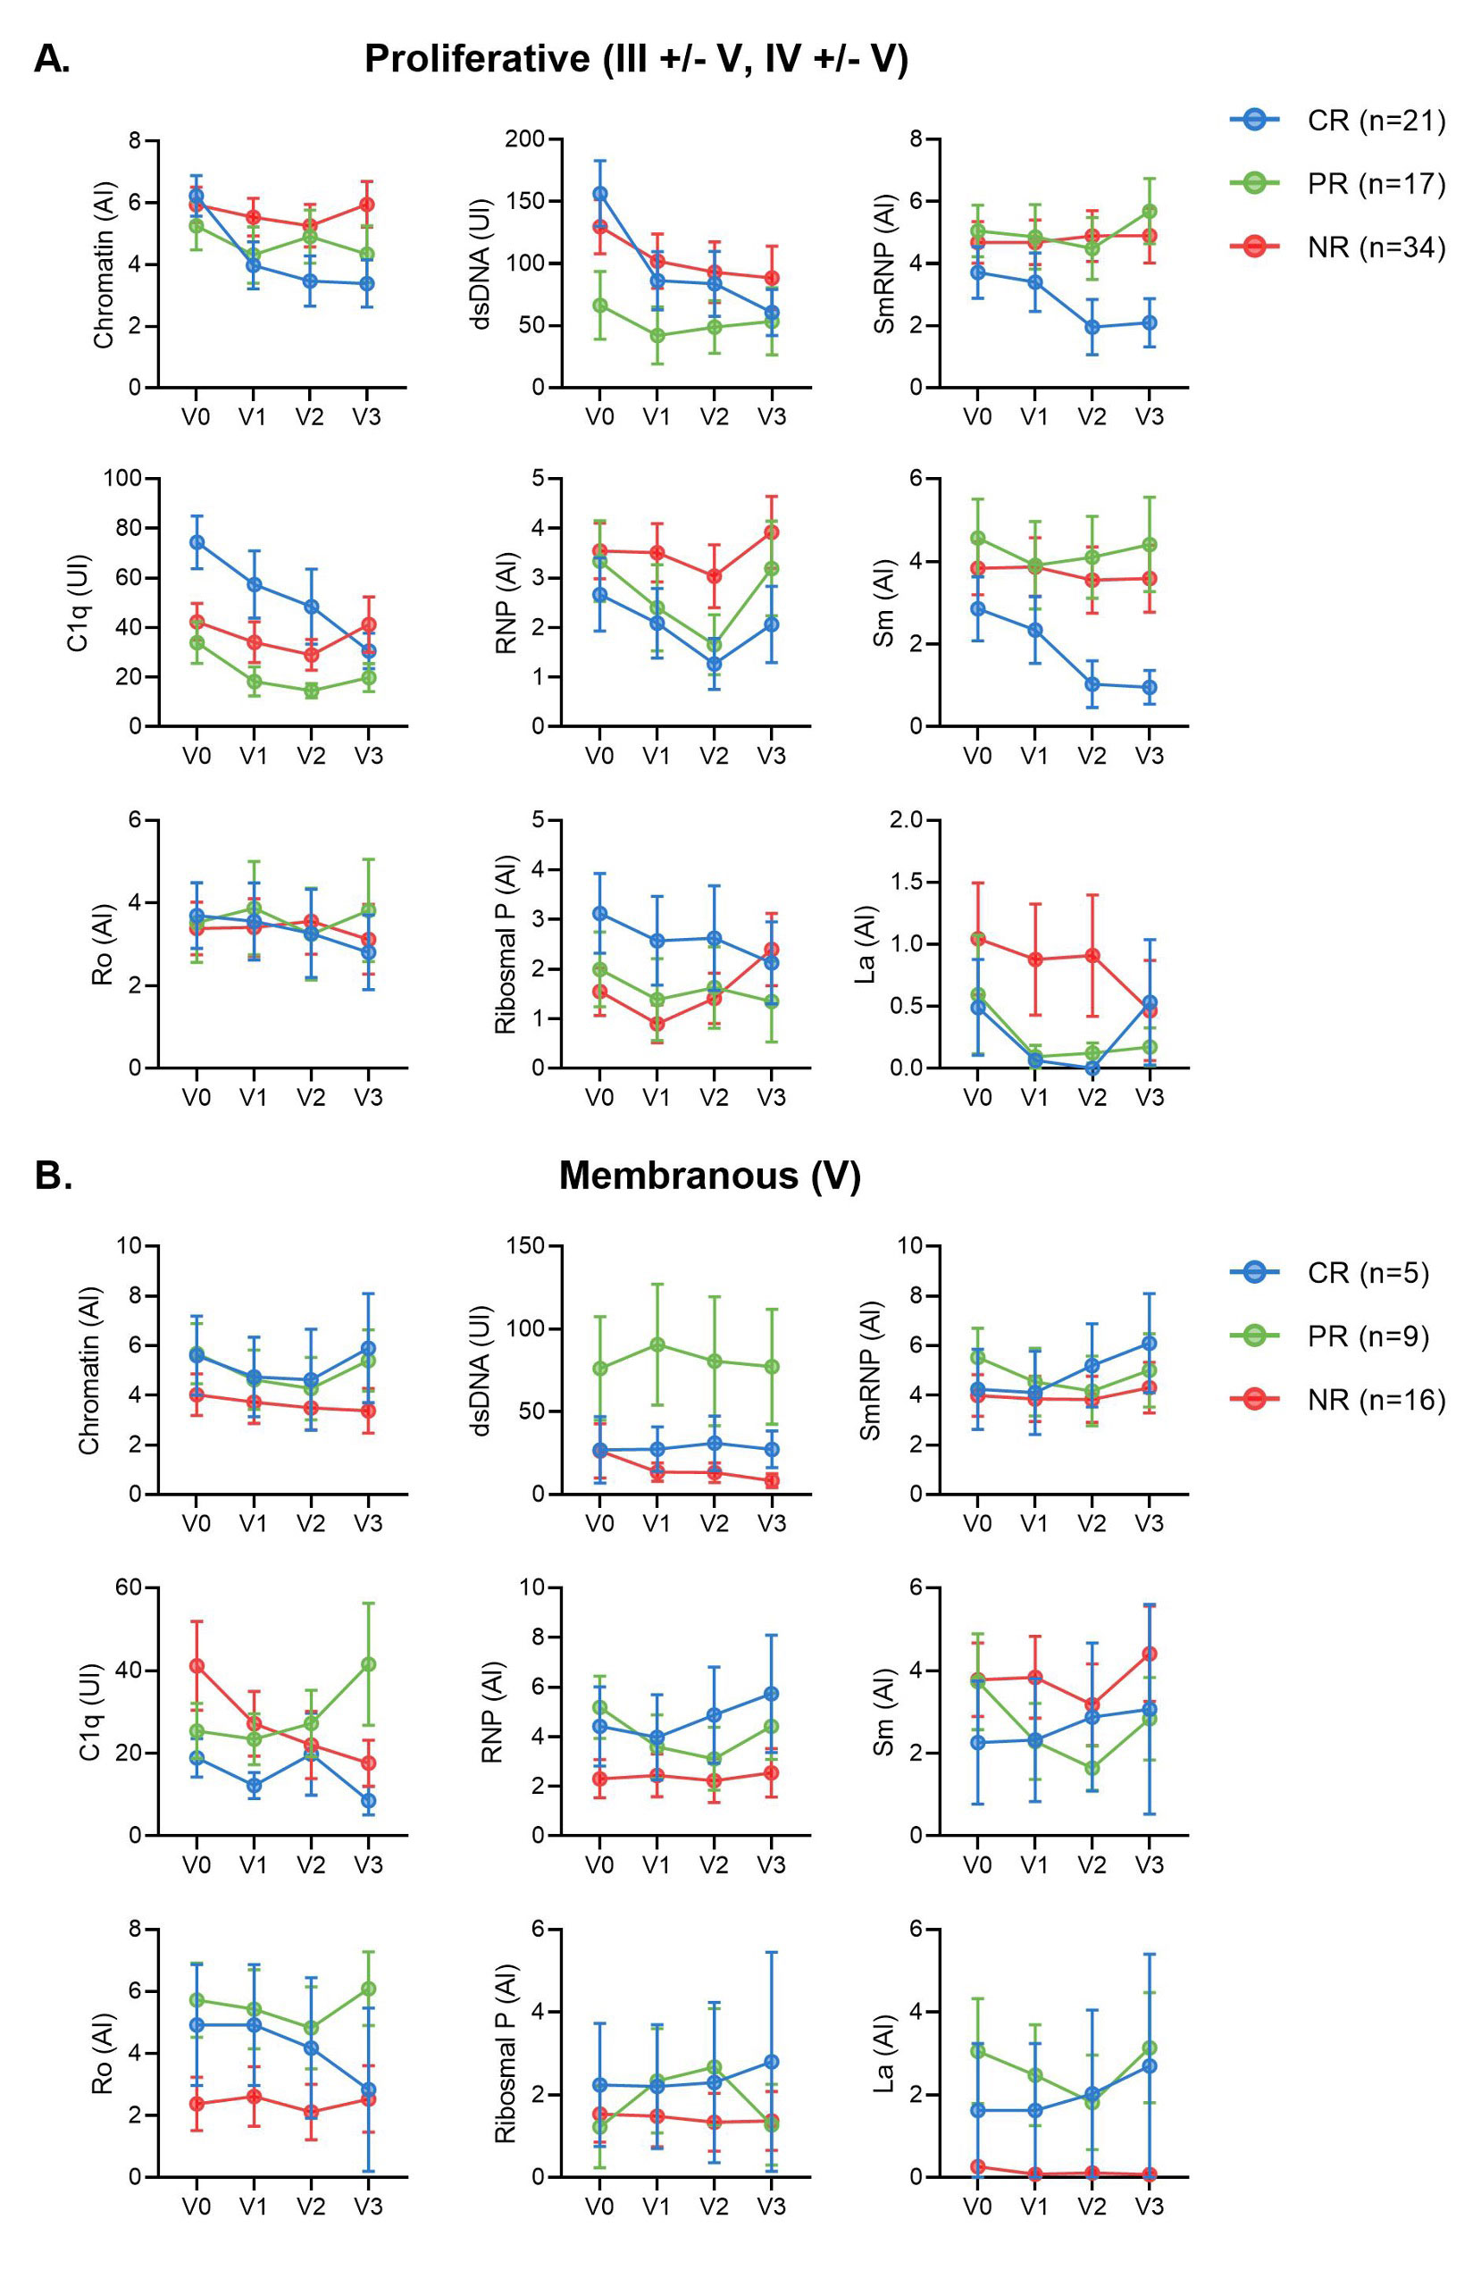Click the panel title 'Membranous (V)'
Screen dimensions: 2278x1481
[x=709, y=1176]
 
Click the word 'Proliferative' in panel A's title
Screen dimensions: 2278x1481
[x=478, y=59]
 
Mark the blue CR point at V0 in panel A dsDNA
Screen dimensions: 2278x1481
[x=599, y=193]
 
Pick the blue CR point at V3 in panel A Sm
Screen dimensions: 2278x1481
[x=1149, y=687]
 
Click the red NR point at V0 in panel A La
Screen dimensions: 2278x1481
[x=976, y=938]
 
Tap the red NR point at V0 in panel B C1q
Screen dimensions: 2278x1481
[x=197, y=1665]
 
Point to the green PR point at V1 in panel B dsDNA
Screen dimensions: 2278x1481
[x=657, y=1344]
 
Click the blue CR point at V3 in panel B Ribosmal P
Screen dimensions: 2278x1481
[x=771, y=2062]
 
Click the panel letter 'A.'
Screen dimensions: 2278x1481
[x=52, y=59]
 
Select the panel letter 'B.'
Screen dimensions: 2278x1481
[x=54, y=1176]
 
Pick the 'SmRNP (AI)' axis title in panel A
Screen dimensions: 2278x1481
[x=883, y=264]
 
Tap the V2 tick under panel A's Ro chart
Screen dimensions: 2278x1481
[x=310, y=1097]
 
